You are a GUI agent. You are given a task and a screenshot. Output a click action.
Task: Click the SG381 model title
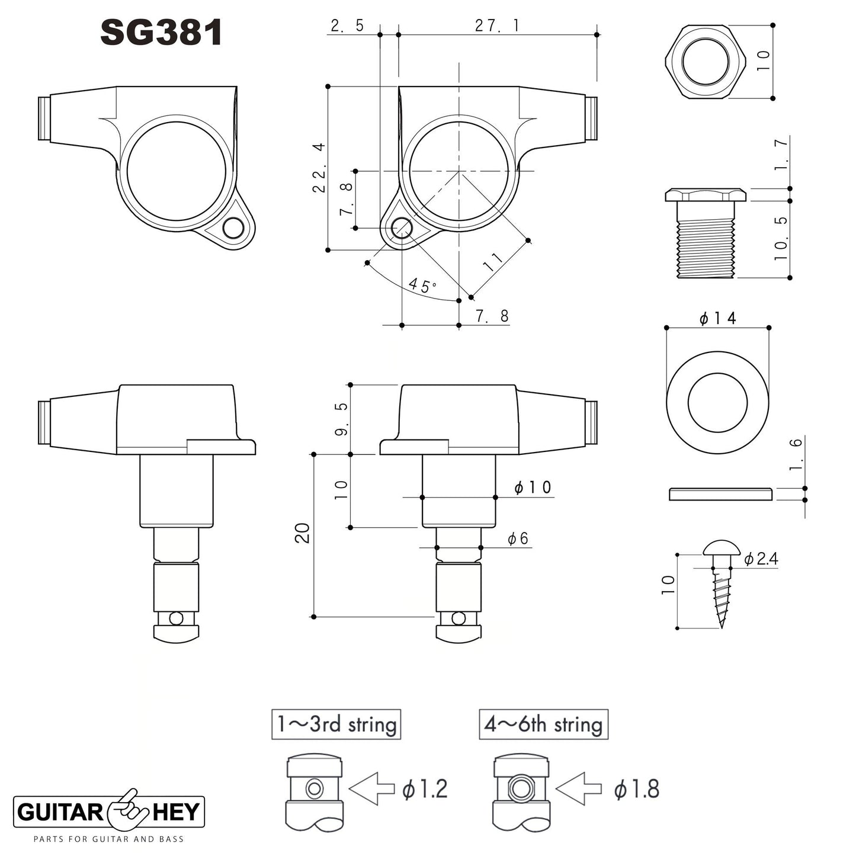tap(161, 32)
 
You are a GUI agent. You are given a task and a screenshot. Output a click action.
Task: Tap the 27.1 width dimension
tap(496, 25)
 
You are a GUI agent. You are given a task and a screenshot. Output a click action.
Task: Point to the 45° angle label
tap(422, 286)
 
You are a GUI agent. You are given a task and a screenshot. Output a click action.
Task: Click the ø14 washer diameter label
tap(717, 318)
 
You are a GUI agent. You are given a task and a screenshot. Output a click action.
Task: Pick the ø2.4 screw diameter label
tap(761, 559)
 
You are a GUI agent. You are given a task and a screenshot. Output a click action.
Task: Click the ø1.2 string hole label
tap(425, 789)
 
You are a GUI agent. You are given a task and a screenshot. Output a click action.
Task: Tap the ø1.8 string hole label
tap(637, 789)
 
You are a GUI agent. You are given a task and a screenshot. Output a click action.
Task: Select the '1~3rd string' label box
tap(336, 724)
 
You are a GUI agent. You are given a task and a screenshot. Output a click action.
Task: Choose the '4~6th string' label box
tap(543, 724)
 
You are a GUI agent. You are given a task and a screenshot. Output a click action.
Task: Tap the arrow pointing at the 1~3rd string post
tap(372, 788)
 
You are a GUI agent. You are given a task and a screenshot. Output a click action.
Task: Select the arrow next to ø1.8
tap(579, 788)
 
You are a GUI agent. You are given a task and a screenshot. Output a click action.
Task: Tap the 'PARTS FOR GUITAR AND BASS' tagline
tap(108, 839)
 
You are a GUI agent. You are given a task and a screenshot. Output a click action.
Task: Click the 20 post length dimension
tap(302, 533)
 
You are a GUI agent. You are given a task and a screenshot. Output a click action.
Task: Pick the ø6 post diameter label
tap(518, 538)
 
